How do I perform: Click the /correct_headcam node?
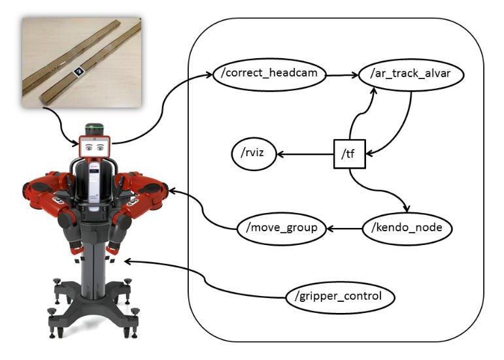click(270, 74)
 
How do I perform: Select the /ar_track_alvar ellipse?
click(411, 74)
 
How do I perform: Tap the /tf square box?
click(349, 154)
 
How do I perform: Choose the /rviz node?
click(254, 154)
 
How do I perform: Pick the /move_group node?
click(282, 228)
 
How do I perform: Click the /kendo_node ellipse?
click(407, 228)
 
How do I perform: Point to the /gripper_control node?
click(340, 297)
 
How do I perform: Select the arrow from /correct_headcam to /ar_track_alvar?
click(343, 75)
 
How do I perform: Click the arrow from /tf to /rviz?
click(305, 154)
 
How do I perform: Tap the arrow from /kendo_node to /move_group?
click(344, 229)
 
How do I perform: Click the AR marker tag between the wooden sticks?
click(78, 71)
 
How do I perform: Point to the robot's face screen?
click(95, 147)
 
